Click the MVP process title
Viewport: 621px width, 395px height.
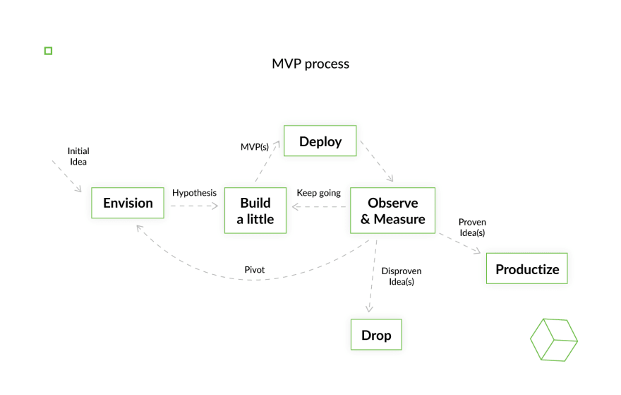[310, 64]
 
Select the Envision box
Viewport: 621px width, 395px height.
[128, 203]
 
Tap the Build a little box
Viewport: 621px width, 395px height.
[255, 210]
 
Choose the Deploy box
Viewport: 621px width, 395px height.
[320, 141]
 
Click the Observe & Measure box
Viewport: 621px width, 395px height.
[392, 210]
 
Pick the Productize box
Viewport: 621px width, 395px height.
[526, 269]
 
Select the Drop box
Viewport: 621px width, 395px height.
[376, 334]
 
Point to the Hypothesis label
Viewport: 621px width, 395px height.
[194, 193]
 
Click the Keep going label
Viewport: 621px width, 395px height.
[319, 193]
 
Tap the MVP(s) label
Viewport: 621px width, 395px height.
[255, 147]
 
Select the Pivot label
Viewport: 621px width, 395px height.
[254, 270]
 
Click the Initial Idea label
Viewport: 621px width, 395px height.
[78, 156]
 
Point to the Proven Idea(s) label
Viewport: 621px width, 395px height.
[472, 228]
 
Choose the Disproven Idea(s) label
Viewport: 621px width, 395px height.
[402, 276]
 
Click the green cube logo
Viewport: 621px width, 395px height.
[554, 340]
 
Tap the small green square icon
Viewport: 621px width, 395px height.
[48, 51]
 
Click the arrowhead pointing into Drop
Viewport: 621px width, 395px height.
[369, 309]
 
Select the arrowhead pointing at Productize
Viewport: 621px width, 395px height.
[477, 251]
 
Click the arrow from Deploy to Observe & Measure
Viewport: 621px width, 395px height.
[377, 161]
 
